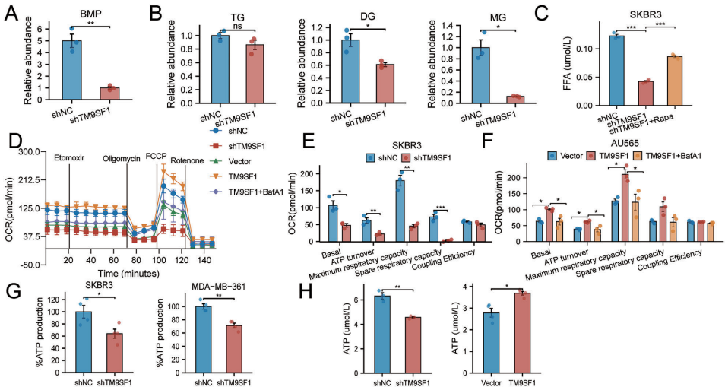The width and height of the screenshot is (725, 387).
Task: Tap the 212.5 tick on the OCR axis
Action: [27, 180]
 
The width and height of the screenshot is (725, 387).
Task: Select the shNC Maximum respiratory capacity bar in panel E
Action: [399, 211]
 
